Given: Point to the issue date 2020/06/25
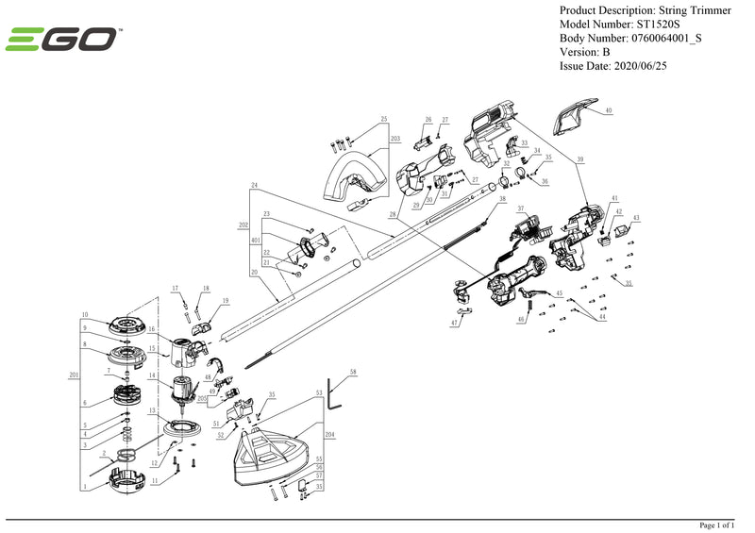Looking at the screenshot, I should tap(647, 66).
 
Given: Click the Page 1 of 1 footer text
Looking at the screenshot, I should tap(722, 525).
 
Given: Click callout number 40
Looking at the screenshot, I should tap(609, 110).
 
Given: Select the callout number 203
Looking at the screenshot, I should tap(394, 139).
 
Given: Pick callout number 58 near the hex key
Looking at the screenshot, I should tap(353, 374).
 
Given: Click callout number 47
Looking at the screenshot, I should tap(454, 324).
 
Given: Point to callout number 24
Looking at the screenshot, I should tap(254, 185).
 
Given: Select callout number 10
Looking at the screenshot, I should tap(84, 315).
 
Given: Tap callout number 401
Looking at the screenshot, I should tap(256, 241).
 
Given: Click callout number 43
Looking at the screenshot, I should tap(636, 218).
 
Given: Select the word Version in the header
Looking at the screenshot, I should tap(580, 52).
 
